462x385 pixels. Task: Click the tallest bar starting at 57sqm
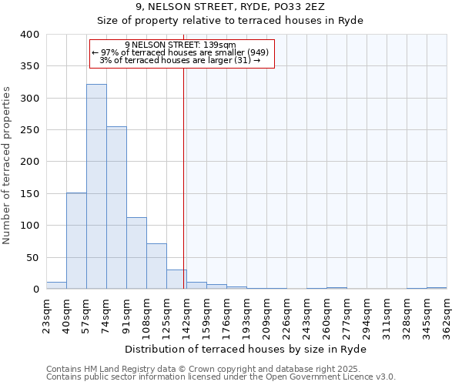click(x=96, y=186)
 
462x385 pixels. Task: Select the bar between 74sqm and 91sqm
click(x=116, y=208)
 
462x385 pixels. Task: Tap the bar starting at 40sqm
click(x=76, y=241)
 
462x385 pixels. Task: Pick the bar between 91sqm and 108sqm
click(x=136, y=253)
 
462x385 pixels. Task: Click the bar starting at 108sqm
click(x=156, y=266)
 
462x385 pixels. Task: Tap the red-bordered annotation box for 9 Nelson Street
click(x=182, y=54)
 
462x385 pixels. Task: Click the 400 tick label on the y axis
click(x=29, y=35)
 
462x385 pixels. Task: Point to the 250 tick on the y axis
click(x=29, y=130)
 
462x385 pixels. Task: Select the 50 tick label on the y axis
click(x=32, y=257)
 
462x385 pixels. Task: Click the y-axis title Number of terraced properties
click(x=8, y=166)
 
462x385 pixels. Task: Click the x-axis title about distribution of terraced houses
click(x=246, y=349)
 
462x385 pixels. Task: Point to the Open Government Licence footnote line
click(x=221, y=377)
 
